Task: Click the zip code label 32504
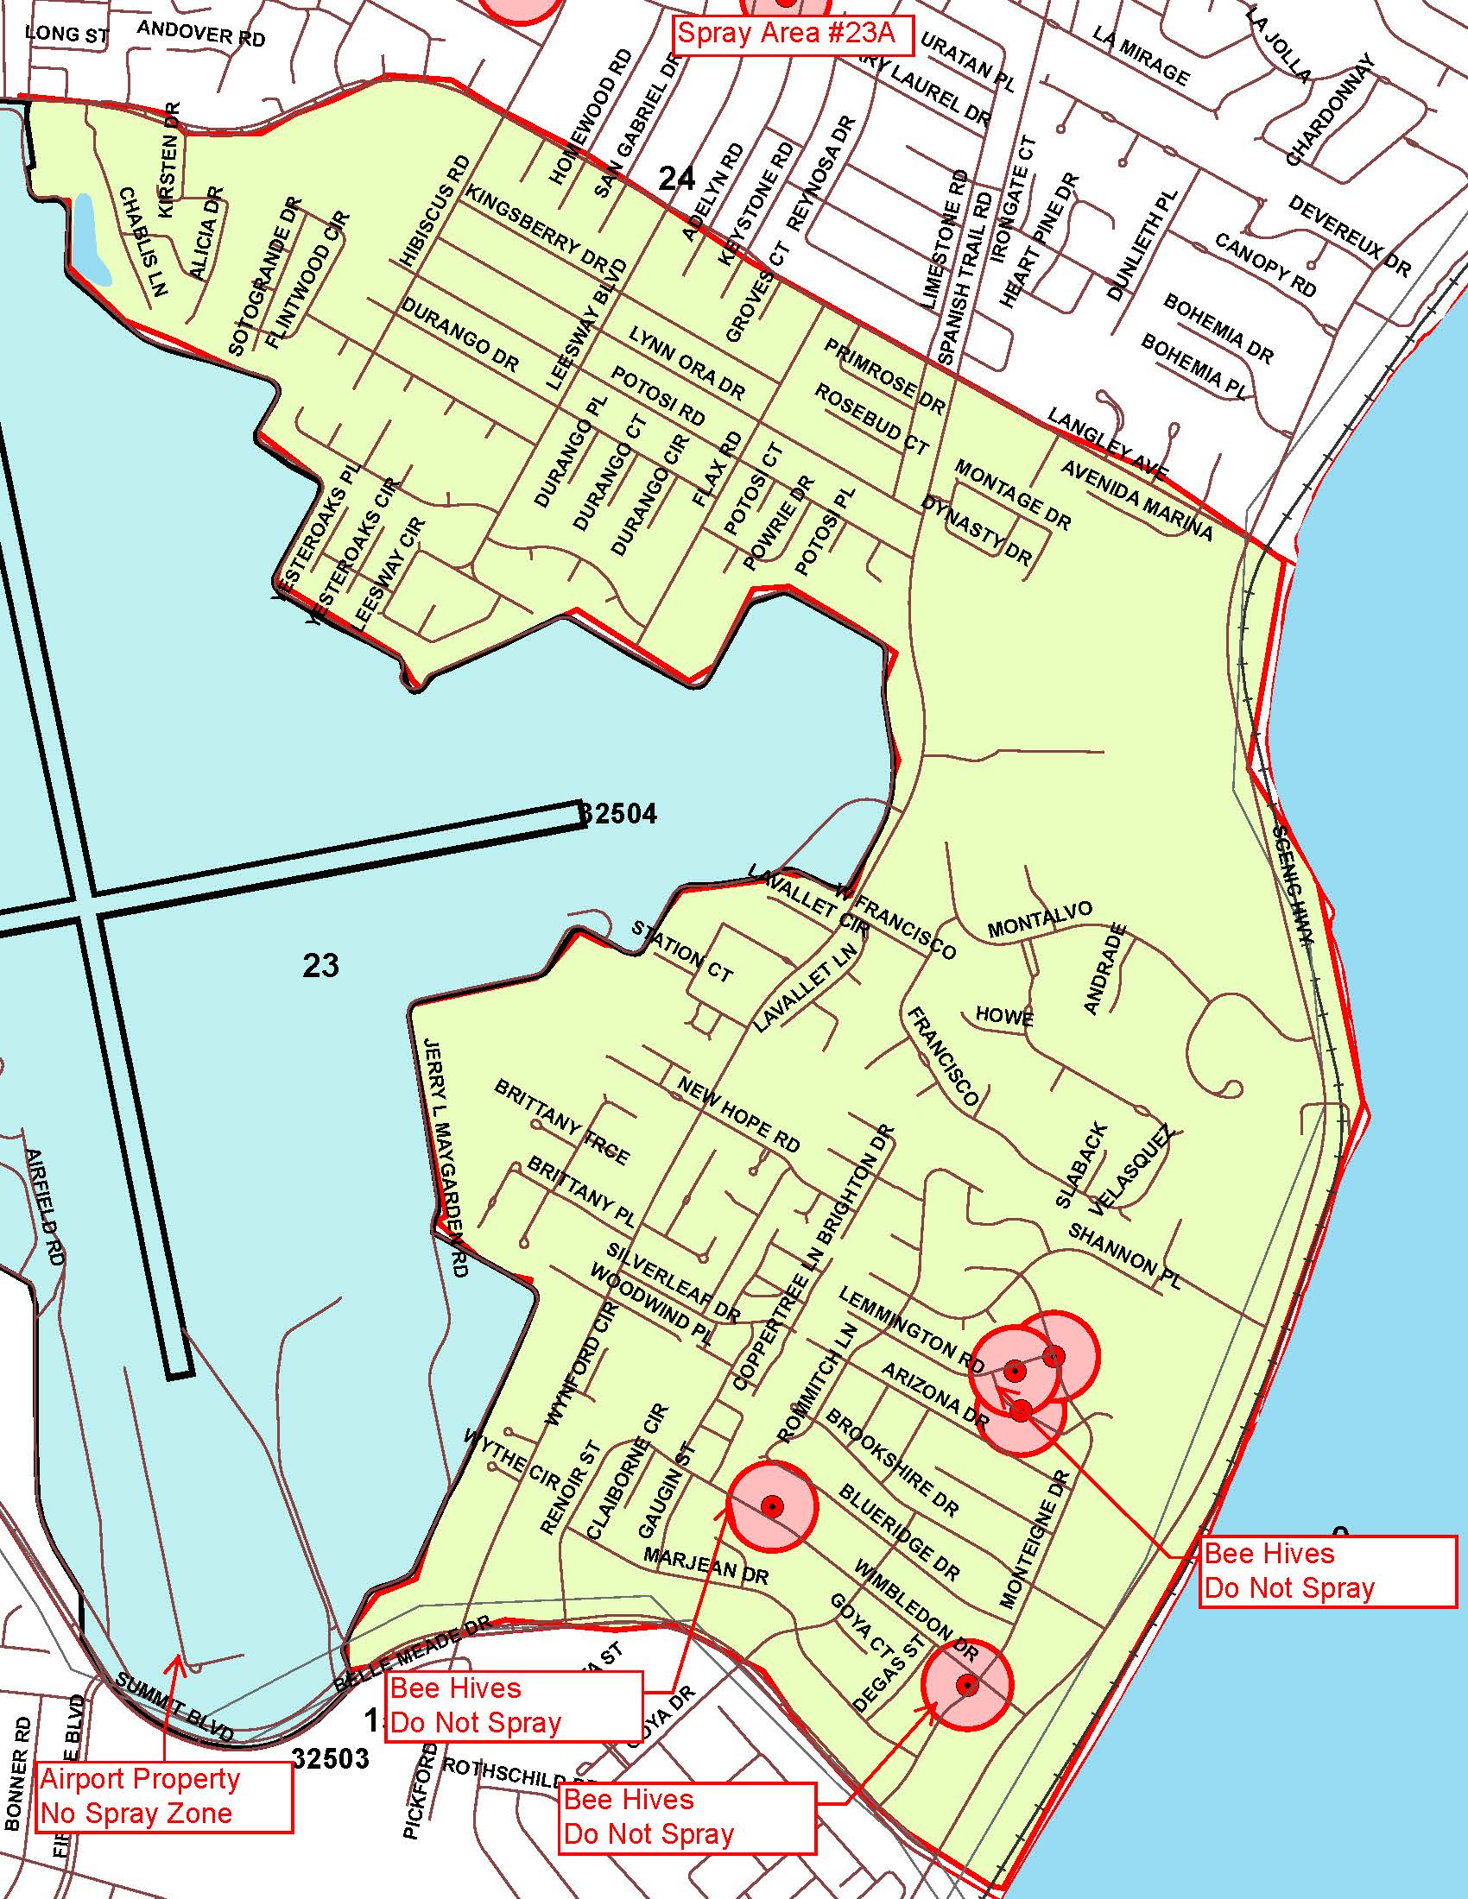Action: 618,815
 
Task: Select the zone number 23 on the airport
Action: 320,965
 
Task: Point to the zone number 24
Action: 677,179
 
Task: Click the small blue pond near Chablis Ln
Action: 92,239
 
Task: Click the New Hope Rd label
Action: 738,1115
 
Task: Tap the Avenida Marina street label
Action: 1136,500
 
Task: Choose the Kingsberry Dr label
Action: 535,225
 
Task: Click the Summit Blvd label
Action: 174,1707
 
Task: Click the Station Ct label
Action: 683,951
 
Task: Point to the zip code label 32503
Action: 331,1758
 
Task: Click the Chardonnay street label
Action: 1331,110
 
